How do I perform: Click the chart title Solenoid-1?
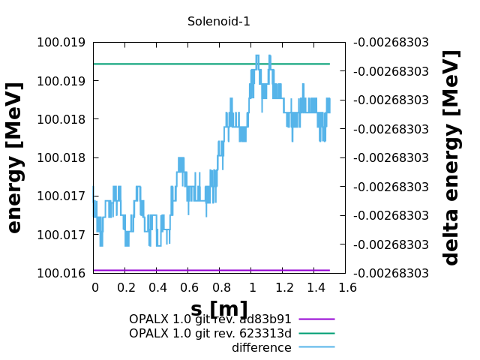tap(219, 22)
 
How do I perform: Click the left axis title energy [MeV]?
tap(15, 157)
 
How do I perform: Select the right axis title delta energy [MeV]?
tap(451, 157)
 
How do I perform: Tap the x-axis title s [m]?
tap(219, 309)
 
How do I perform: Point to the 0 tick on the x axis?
tap(94, 287)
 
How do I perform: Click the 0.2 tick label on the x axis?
tap(126, 287)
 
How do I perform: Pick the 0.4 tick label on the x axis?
tap(157, 287)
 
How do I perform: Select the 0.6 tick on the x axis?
tap(189, 287)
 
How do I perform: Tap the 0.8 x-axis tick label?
tap(220, 287)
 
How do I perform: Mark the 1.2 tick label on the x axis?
tap(283, 287)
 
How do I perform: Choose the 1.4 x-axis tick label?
tap(315, 287)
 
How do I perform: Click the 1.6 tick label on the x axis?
tap(346, 287)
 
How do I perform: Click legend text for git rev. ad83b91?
tap(210, 319)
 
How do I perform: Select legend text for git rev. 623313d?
tap(210, 334)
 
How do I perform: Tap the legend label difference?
tap(261, 348)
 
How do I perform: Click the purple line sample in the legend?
tap(316, 319)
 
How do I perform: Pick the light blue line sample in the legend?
tap(316, 347)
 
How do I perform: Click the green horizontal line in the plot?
tap(187, 64)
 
